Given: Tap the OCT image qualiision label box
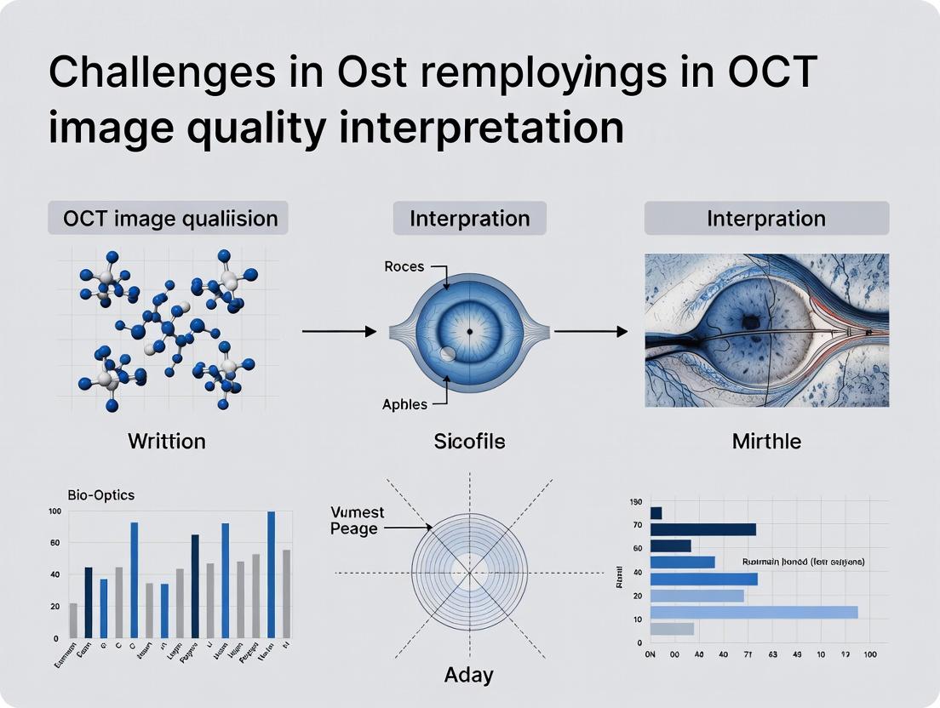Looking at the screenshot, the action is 169,219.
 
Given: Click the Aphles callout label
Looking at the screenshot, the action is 404,404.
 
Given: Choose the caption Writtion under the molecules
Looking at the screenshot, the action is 167,441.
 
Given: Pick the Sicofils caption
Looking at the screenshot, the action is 469,441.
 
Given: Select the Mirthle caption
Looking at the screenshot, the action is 766,441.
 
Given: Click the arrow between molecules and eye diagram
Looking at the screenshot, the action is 338,330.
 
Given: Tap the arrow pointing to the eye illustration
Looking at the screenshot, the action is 590,330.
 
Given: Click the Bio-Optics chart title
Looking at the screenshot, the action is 100,494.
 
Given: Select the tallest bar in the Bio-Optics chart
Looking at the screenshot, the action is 272,574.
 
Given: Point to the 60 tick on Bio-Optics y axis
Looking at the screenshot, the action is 54,543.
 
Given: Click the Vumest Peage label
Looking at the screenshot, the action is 358,520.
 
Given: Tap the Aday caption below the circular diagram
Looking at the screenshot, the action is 468,676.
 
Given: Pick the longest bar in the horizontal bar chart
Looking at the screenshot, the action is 754,613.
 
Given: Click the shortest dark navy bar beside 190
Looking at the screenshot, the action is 656,513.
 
